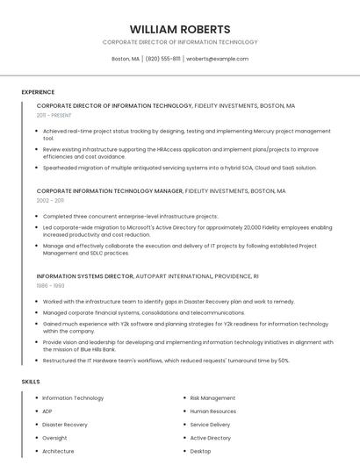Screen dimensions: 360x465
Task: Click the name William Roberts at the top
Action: (x=179, y=29)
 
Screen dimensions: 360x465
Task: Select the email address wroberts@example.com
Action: (x=217, y=59)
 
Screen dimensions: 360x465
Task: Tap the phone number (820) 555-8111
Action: (x=162, y=59)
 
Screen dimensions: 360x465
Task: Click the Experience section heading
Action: (x=38, y=92)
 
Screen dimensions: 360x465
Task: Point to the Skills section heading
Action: (x=31, y=382)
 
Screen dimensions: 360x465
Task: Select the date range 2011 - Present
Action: (x=54, y=115)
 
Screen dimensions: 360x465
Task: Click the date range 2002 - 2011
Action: (x=50, y=200)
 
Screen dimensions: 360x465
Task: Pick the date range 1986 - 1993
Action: (x=50, y=285)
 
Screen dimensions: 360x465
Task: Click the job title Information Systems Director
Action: (x=84, y=275)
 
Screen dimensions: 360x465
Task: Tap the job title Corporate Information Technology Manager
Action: (x=110, y=190)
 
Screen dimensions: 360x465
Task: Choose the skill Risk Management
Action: (x=212, y=398)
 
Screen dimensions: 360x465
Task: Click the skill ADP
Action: (x=47, y=411)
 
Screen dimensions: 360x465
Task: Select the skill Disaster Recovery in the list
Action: (x=65, y=425)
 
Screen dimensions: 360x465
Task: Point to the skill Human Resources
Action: (x=212, y=411)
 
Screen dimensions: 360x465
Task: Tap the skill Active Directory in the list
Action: (x=211, y=438)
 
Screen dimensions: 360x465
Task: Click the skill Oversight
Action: (x=54, y=438)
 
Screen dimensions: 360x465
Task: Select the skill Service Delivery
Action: (x=210, y=425)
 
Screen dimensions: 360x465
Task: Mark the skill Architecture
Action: (x=58, y=451)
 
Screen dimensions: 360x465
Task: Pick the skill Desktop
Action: (x=200, y=451)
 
